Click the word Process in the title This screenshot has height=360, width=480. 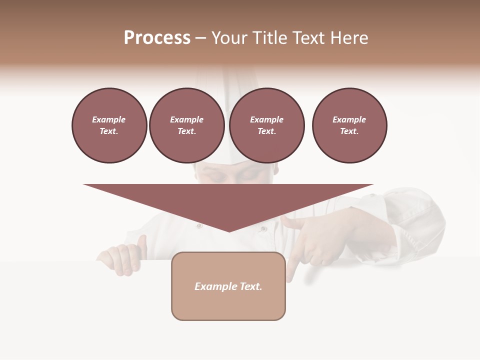[157, 38]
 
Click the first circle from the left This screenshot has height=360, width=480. [109, 125]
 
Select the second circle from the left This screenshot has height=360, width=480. [186, 125]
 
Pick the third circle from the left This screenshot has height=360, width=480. [266, 125]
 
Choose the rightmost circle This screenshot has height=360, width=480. [349, 125]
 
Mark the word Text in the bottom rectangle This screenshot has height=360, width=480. [250, 286]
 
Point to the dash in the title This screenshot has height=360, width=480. [200, 39]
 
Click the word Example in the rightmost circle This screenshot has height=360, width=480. [349, 119]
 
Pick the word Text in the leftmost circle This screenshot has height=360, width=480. [108, 131]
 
